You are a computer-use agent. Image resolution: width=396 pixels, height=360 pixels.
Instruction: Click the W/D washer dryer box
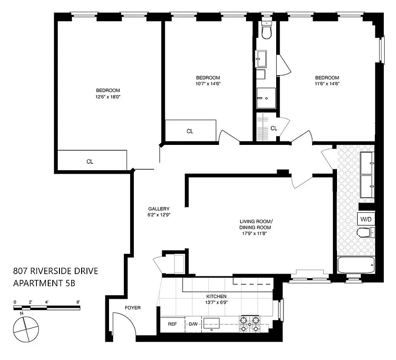(365, 220)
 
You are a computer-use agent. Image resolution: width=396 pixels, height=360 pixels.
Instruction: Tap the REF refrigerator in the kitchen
(172, 324)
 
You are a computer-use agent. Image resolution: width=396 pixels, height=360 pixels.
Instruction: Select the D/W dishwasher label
(193, 324)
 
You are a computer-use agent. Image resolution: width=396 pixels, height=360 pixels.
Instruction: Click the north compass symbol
(26, 329)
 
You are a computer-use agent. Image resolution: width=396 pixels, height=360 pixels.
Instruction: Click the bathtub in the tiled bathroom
(356, 265)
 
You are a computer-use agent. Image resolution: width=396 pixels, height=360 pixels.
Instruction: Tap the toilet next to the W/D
(364, 233)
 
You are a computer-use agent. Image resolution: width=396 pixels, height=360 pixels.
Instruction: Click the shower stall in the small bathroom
(266, 98)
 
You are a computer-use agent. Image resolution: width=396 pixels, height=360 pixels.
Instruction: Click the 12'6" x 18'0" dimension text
(108, 97)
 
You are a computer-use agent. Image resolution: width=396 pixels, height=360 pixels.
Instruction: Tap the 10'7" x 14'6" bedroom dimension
(208, 83)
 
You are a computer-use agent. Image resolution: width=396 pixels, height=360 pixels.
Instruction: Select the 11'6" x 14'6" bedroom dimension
(327, 83)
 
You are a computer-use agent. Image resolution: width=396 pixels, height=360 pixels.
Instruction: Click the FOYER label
(133, 308)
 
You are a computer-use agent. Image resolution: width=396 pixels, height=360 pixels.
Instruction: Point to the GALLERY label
(159, 209)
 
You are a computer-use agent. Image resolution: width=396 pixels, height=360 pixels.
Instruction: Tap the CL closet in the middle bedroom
(190, 131)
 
